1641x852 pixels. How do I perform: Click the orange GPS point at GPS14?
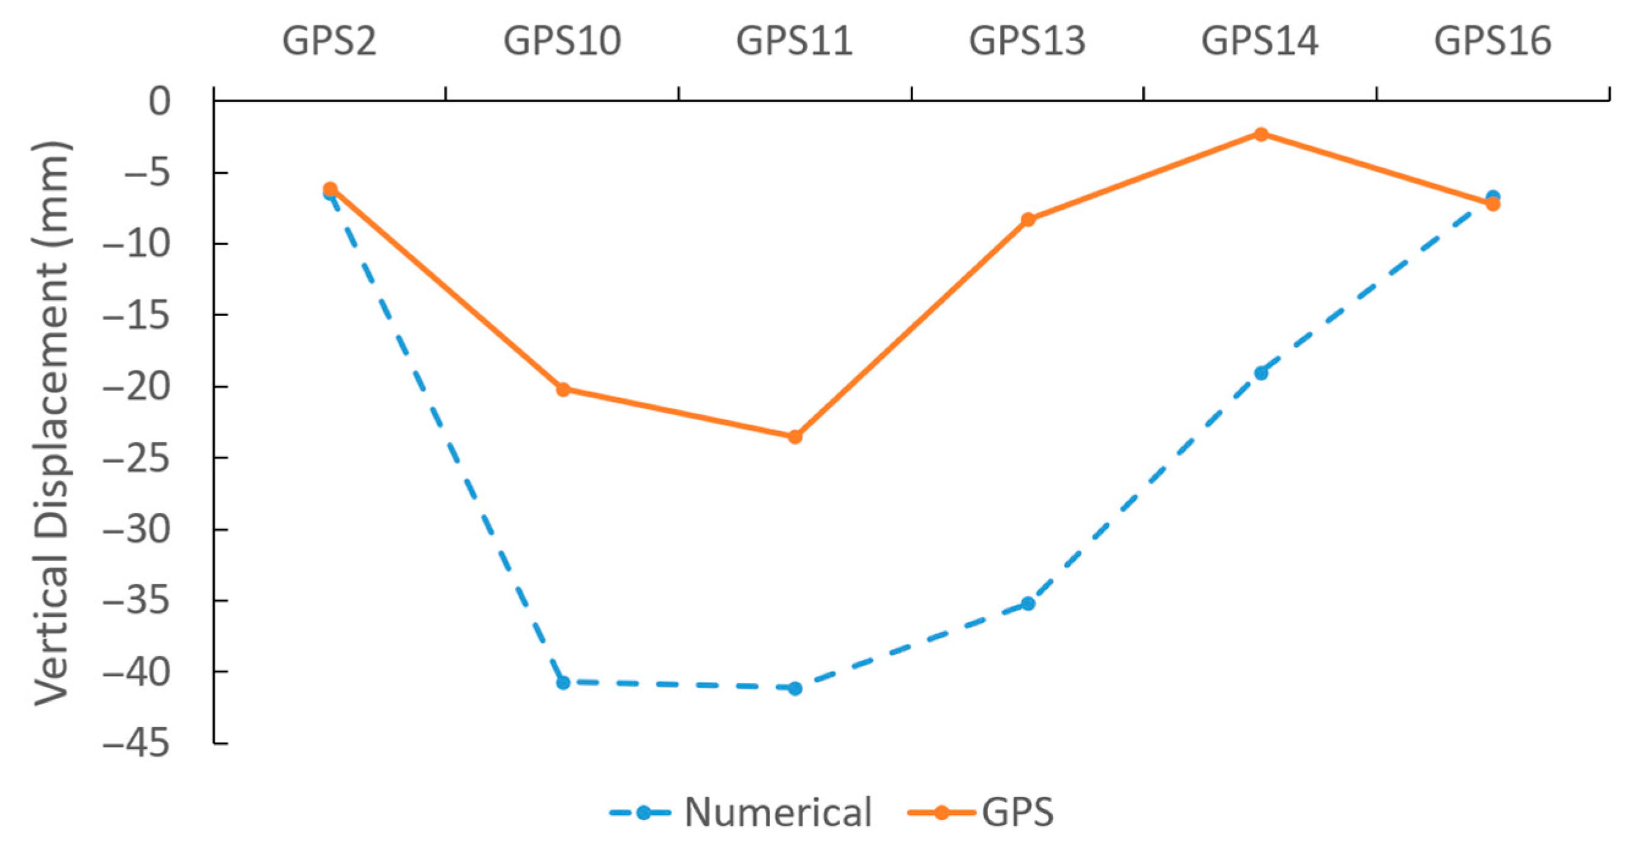(x=1261, y=134)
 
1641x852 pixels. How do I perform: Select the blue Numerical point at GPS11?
(x=795, y=688)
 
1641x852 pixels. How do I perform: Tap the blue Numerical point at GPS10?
(x=563, y=682)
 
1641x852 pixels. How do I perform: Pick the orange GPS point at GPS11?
(x=795, y=437)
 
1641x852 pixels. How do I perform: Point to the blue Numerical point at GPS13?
(x=1028, y=603)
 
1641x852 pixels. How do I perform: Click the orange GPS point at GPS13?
(x=1028, y=220)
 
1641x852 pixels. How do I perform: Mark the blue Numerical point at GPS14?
(x=1261, y=372)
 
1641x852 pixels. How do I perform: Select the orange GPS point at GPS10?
(x=563, y=389)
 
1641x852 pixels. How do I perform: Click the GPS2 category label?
(x=329, y=41)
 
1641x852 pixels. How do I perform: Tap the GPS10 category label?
(x=562, y=41)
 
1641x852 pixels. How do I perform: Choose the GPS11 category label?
(x=794, y=41)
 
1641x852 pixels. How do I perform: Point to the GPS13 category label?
(x=1027, y=41)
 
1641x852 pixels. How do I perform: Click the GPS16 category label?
(x=1493, y=41)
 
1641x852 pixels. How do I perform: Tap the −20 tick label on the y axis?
(x=136, y=387)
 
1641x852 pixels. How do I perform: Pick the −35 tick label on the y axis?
(x=136, y=601)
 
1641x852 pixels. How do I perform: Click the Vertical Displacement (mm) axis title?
(x=52, y=423)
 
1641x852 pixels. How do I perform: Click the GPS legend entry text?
(x=1017, y=812)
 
